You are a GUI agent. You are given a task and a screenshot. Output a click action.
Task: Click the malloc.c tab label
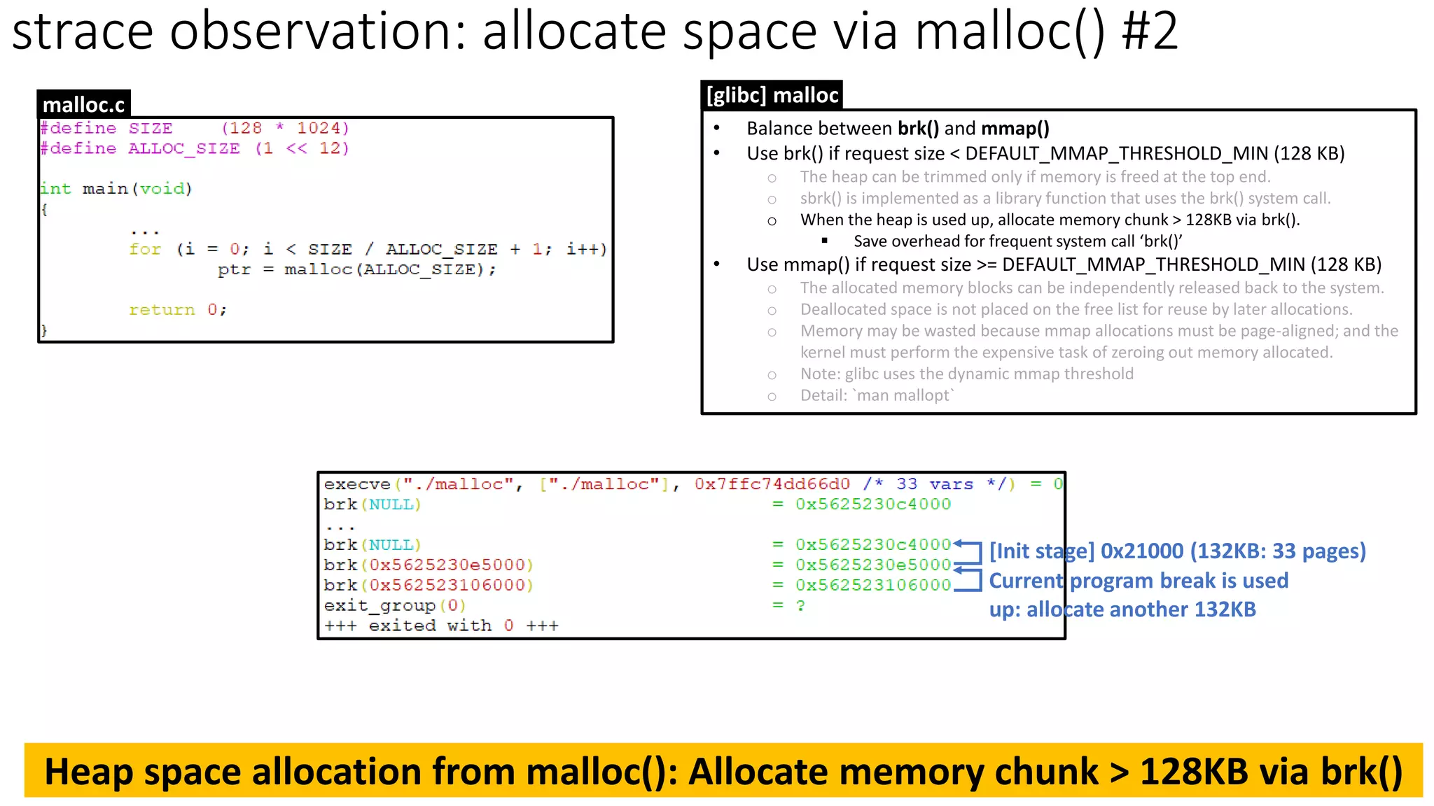pos(83,104)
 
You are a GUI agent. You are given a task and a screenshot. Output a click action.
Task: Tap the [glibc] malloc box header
pos(772,95)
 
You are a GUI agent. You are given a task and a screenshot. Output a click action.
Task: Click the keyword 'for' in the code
pos(145,249)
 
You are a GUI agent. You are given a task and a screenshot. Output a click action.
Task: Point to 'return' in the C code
pos(162,309)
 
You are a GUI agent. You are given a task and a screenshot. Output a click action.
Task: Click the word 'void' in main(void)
pos(162,188)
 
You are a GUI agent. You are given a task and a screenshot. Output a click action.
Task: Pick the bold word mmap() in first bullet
pos(1015,129)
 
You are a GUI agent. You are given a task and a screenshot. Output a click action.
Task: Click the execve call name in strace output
pos(357,484)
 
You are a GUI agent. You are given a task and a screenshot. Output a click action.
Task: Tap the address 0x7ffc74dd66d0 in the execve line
pos(772,484)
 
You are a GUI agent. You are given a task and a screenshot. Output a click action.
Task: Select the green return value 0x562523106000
pos(872,585)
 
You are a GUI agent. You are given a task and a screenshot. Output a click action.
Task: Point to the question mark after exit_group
pos(800,605)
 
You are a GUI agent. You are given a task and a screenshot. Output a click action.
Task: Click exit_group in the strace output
pos(380,605)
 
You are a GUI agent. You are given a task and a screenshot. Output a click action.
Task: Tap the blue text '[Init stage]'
pos(1041,551)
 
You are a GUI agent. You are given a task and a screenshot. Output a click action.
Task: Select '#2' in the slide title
pos(1149,31)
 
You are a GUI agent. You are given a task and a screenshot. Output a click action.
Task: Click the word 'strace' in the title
pos(83,31)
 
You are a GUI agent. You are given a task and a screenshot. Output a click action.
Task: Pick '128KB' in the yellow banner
pos(1193,771)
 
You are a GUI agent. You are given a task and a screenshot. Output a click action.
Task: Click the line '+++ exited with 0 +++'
pos(441,625)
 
